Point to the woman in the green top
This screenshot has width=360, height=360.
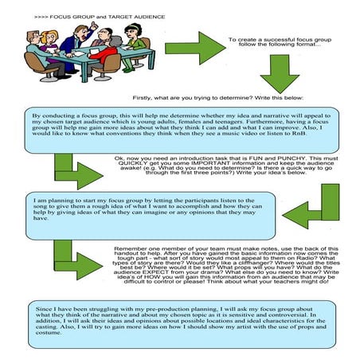point(140,51)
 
